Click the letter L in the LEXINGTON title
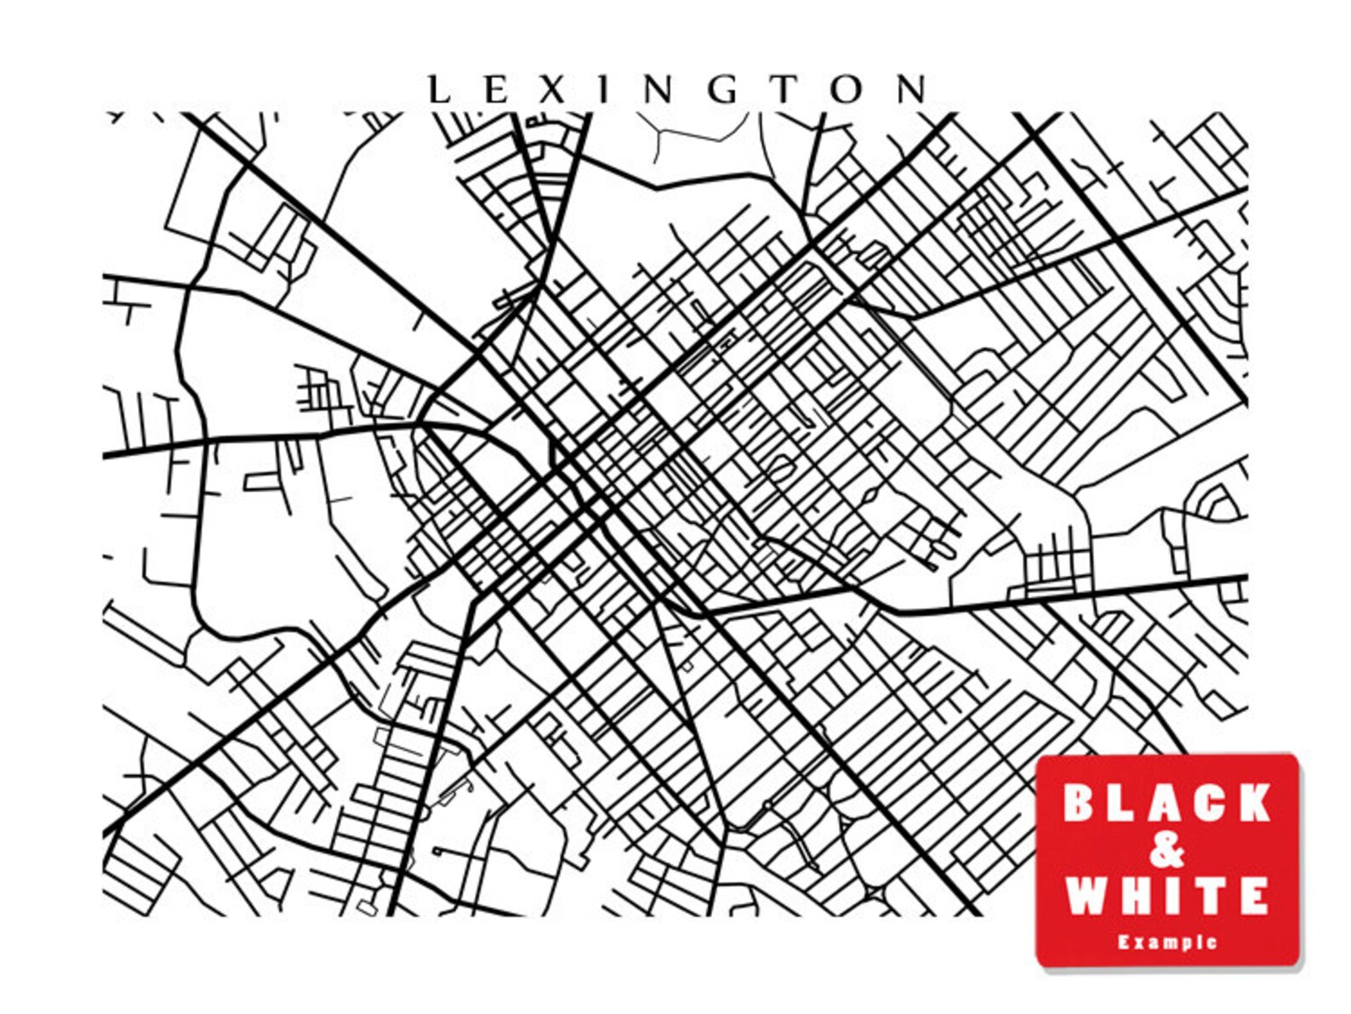(437, 89)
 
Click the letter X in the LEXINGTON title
(550, 89)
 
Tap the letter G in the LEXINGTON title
(723, 89)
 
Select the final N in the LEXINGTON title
(914, 89)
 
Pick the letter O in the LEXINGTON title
(849, 89)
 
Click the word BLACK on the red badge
(1166, 804)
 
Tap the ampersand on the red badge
(1166, 850)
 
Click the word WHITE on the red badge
(1166, 895)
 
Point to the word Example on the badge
(1166, 942)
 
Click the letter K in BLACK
(1250, 804)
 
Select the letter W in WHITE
(1088, 895)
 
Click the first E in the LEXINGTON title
(494, 89)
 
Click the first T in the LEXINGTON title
(787, 89)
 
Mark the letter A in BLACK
(1161, 804)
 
